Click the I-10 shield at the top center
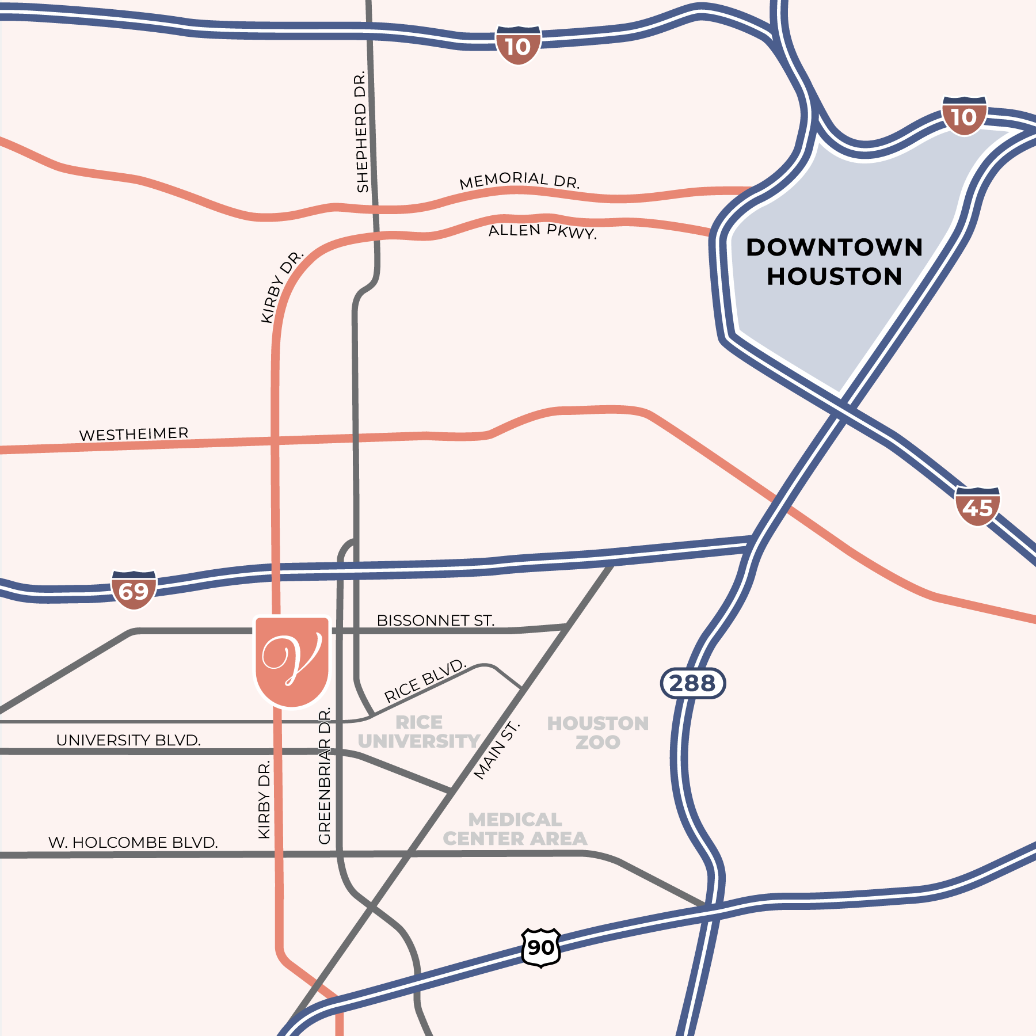518,45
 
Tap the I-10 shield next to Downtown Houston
964,116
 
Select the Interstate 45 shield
977,506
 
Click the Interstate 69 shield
134,590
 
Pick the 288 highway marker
692,683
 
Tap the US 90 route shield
540,947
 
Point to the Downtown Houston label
834,262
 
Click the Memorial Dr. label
519,180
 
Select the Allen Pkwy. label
542,231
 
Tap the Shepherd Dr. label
361,132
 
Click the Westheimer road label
134,434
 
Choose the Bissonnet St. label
435,620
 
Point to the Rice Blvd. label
425,680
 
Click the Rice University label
419,732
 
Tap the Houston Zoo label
597,732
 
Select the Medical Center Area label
515,829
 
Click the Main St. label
496,751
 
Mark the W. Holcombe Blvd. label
133,843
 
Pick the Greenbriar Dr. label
325,776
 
